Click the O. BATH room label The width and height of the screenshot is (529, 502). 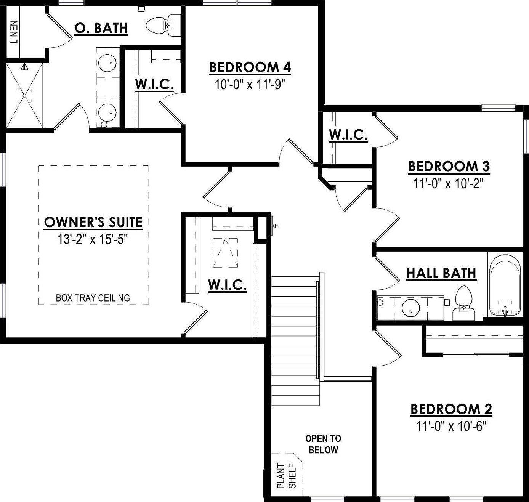(101, 28)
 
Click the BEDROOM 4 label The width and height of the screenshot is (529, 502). (250, 67)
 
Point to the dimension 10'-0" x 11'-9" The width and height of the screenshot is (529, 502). (250, 84)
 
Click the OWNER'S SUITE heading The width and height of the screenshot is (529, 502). (93, 222)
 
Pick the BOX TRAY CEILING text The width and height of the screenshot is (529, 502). (93, 298)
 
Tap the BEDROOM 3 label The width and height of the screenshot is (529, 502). (449, 166)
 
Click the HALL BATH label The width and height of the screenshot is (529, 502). (441, 273)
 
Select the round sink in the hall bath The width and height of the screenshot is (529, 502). (411, 307)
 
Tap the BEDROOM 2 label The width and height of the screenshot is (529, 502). (451, 409)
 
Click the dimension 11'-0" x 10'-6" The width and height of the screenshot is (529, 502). (451, 426)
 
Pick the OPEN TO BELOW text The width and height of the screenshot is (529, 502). (323, 444)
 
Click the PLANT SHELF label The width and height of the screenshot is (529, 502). (287, 476)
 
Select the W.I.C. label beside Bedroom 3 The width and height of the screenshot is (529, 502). (348, 134)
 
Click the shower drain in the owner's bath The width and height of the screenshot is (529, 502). (25, 95)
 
